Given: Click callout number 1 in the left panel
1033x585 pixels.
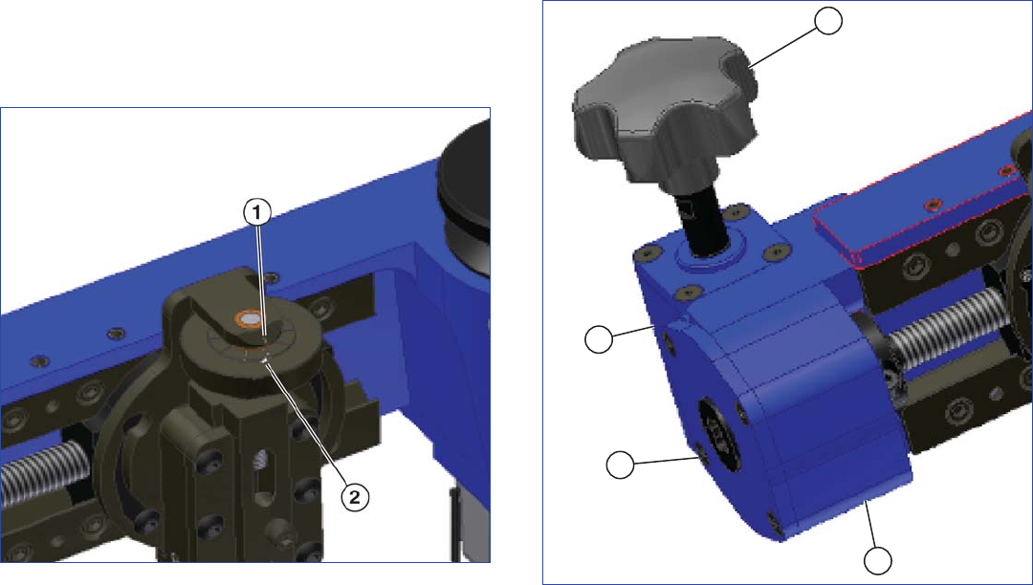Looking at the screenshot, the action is click(257, 213).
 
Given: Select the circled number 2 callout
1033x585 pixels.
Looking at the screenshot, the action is click(355, 497).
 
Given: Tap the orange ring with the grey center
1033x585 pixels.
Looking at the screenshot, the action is click(249, 319).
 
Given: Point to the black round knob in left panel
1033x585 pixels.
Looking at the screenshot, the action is click(465, 198).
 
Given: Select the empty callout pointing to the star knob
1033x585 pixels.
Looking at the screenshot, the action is click(828, 20).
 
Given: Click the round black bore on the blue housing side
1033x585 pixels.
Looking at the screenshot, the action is click(719, 434).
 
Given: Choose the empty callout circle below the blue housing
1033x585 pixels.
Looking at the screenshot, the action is click(878, 561).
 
